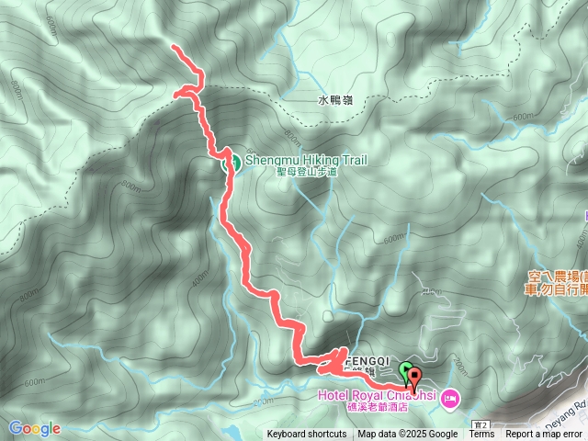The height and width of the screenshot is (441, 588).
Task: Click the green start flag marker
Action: tap(406, 370)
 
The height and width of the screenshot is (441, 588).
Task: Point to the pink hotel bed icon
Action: tap(449, 398)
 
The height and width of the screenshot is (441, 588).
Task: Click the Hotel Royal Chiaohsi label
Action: tap(377, 396)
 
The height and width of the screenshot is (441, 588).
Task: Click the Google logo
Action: tap(34, 428)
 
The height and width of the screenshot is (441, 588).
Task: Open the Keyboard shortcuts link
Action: tap(307, 435)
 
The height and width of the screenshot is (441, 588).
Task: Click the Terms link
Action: tap(481, 435)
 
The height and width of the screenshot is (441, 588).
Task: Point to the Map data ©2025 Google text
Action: tap(408, 435)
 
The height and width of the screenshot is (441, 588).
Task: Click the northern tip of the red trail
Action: tap(175, 46)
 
